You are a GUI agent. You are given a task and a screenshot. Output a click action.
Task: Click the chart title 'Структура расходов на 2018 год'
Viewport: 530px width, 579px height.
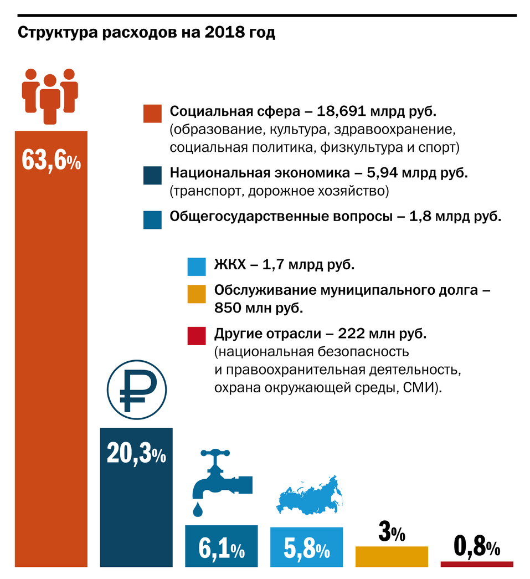[x=147, y=33]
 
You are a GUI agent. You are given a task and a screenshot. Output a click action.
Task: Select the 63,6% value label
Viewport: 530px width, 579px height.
[x=51, y=160]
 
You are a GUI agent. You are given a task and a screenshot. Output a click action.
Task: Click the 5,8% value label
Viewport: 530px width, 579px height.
[x=307, y=549]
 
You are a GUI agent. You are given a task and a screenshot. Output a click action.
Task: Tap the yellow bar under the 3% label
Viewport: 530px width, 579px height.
[x=392, y=556]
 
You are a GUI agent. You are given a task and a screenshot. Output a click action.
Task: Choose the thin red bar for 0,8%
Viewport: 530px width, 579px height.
[x=477, y=564]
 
